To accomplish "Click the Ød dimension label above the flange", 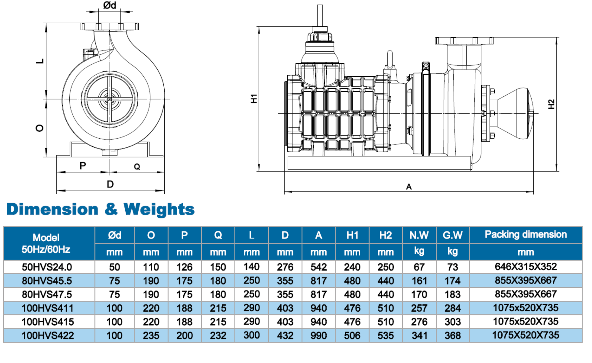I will click(x=109, y=5).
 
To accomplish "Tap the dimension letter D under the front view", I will click(x=110, y=184).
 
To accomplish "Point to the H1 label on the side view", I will click(x=254, y=98).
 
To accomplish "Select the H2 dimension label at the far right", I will click(x=551, y=104).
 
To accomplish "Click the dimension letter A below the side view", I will click(x=409, y=187).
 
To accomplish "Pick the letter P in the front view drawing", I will click(x=83, y=166).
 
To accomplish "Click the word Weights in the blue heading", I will click(x=159, y=209).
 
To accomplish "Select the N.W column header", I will click(x=419, y=235).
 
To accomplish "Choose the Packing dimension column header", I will click(x=526, y=234).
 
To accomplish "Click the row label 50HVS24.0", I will click(x=47, y=267).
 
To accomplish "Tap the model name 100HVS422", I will click(x=48, y=336).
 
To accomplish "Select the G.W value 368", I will click(x=453, y=336).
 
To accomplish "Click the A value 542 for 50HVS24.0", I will click(x=319, y=267).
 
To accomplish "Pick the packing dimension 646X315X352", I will click(x=526, y=267).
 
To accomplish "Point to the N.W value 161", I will click(x=419, y=281).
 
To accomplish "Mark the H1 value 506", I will click(x=352, y=336).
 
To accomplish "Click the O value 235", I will click(x=151, y=336).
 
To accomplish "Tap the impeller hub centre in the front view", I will click(x=109, y=99).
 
